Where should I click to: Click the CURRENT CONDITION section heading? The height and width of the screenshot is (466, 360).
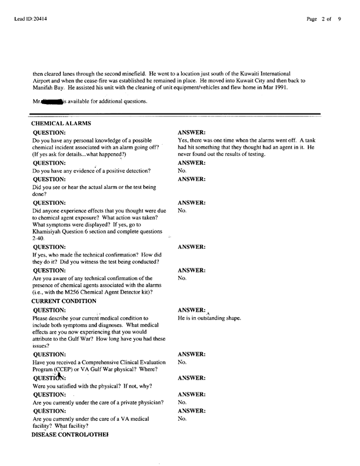64,301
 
